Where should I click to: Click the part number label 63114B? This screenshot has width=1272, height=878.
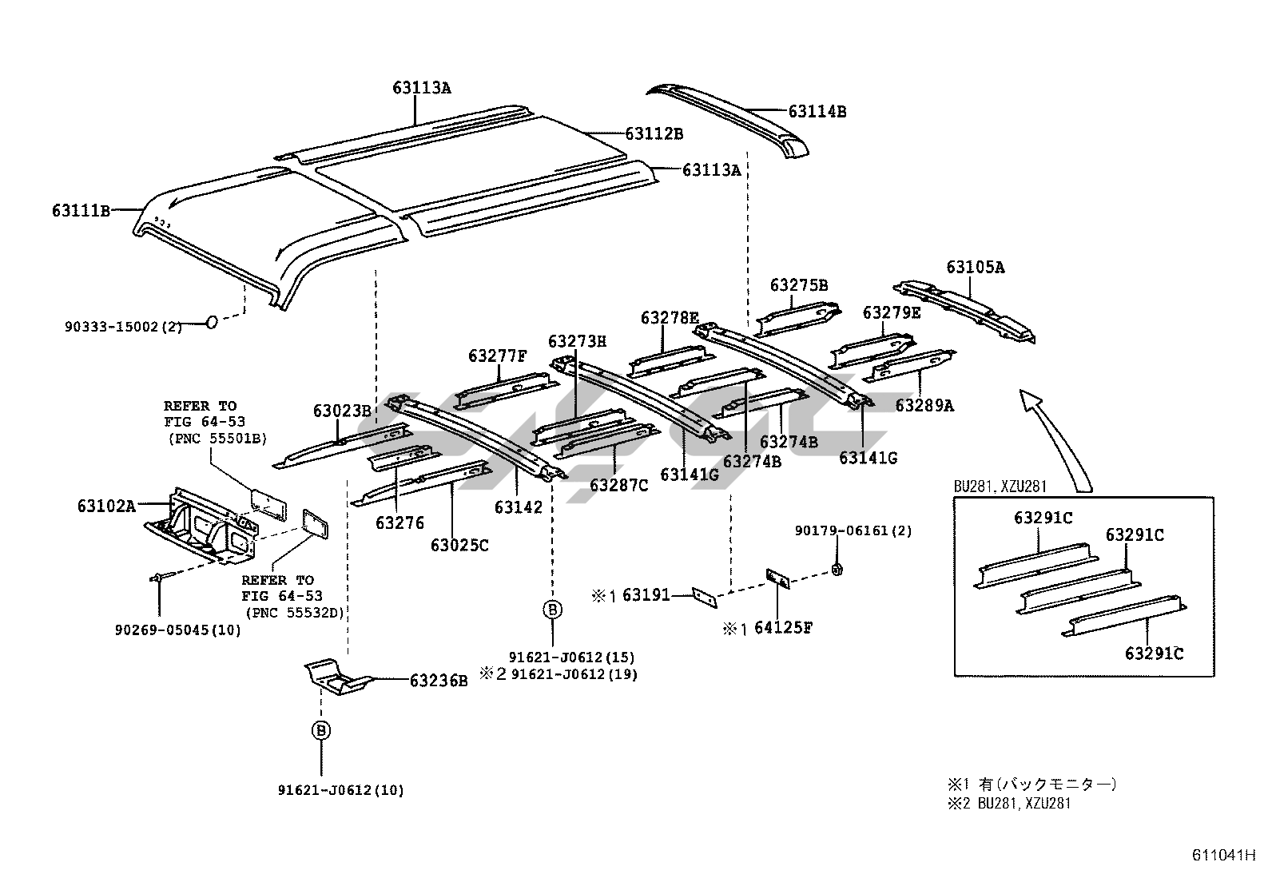click(817, 112)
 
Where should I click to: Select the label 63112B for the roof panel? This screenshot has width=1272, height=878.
click(654, 134)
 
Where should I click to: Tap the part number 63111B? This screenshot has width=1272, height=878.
click(81, 211)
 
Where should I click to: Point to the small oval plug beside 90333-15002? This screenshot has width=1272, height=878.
click(212, 322)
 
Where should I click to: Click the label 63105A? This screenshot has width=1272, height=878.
click(975, 268)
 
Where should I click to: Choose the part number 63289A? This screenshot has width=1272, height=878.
click(924, 406)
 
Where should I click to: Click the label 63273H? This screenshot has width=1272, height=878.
click(577, 342)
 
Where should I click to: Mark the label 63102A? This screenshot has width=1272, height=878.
click(106, 506)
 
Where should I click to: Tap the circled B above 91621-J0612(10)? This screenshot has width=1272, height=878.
click(321, 730)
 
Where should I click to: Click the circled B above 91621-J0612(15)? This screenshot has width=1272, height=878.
click(552, 610)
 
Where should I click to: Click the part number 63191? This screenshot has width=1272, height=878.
click(646, 595)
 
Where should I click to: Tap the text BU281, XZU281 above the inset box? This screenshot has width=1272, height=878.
click(1000, 486)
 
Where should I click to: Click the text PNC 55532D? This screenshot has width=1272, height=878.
click(298, 612)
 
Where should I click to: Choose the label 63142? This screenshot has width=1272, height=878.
click(518, 507)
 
